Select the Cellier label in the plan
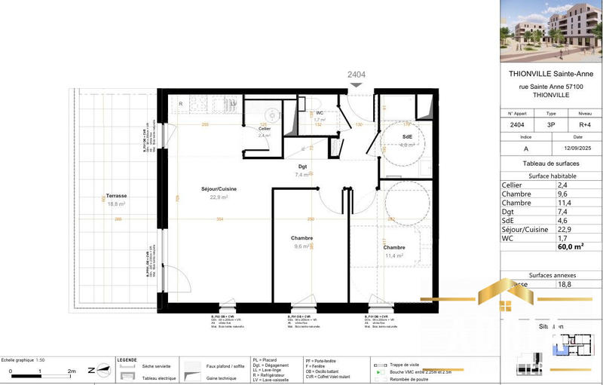click(264, 129)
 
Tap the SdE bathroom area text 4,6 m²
click(407, 145)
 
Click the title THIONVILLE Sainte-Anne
click(552, 73)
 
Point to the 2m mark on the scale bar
click(72, 371)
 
